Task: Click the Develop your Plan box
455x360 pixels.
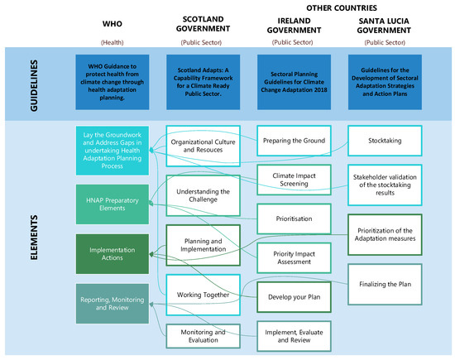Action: tap(295, 295)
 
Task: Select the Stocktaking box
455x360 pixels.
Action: tap(387, 140)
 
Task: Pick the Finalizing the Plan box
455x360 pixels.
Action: tap(387, 285)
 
